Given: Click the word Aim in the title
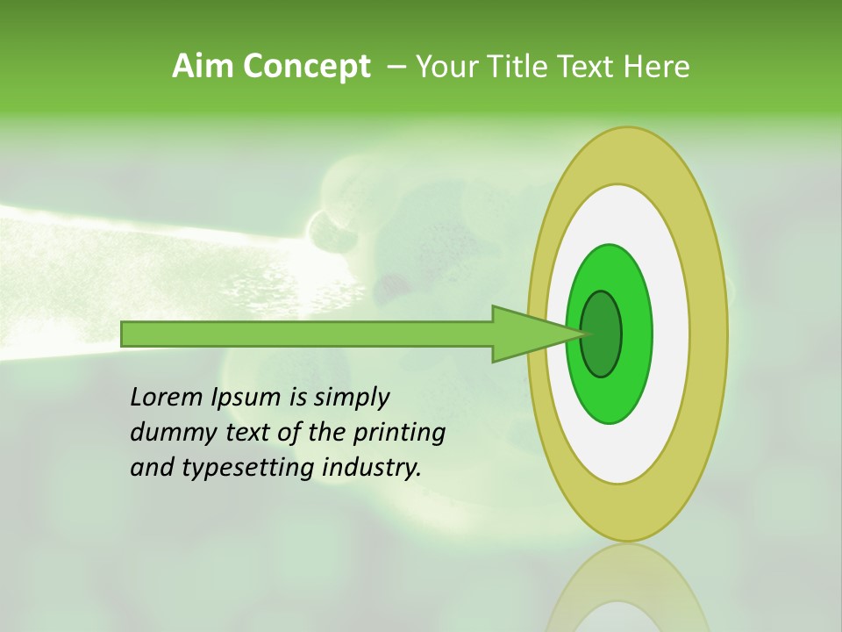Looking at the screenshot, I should point(202,67).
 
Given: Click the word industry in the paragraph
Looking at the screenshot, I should point(372,468).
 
